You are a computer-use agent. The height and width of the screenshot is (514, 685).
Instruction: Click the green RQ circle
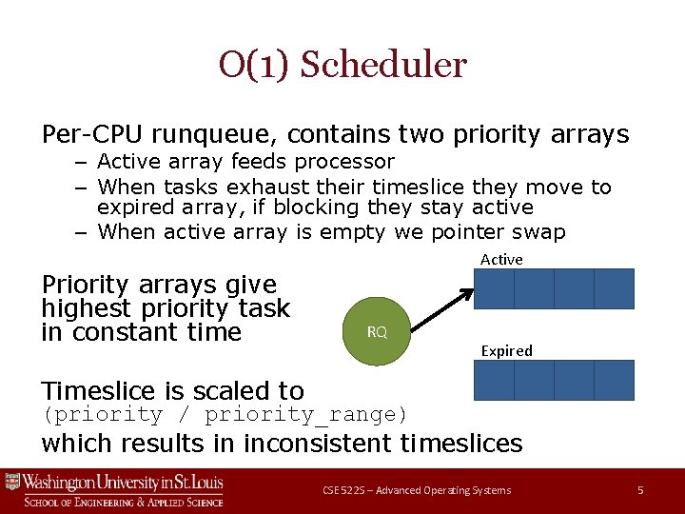point(377,331)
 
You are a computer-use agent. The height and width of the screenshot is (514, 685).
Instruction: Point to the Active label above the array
point(501,259)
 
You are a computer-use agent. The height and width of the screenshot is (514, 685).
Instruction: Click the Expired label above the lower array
point(506,350)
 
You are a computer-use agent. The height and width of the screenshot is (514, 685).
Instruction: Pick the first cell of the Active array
point(494,288)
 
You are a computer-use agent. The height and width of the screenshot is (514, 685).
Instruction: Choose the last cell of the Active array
point(614,288)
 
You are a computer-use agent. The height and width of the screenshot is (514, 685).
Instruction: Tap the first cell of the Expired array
point(494,380)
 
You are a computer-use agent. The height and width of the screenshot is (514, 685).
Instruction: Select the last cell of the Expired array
point(614,380)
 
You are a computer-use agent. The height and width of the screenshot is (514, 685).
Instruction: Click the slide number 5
point(640,490)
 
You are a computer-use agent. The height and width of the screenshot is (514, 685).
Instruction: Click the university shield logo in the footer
point(12,482)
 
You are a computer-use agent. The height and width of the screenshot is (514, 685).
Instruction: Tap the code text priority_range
point(304,415)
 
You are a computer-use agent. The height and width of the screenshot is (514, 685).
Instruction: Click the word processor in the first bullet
point(343,162)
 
